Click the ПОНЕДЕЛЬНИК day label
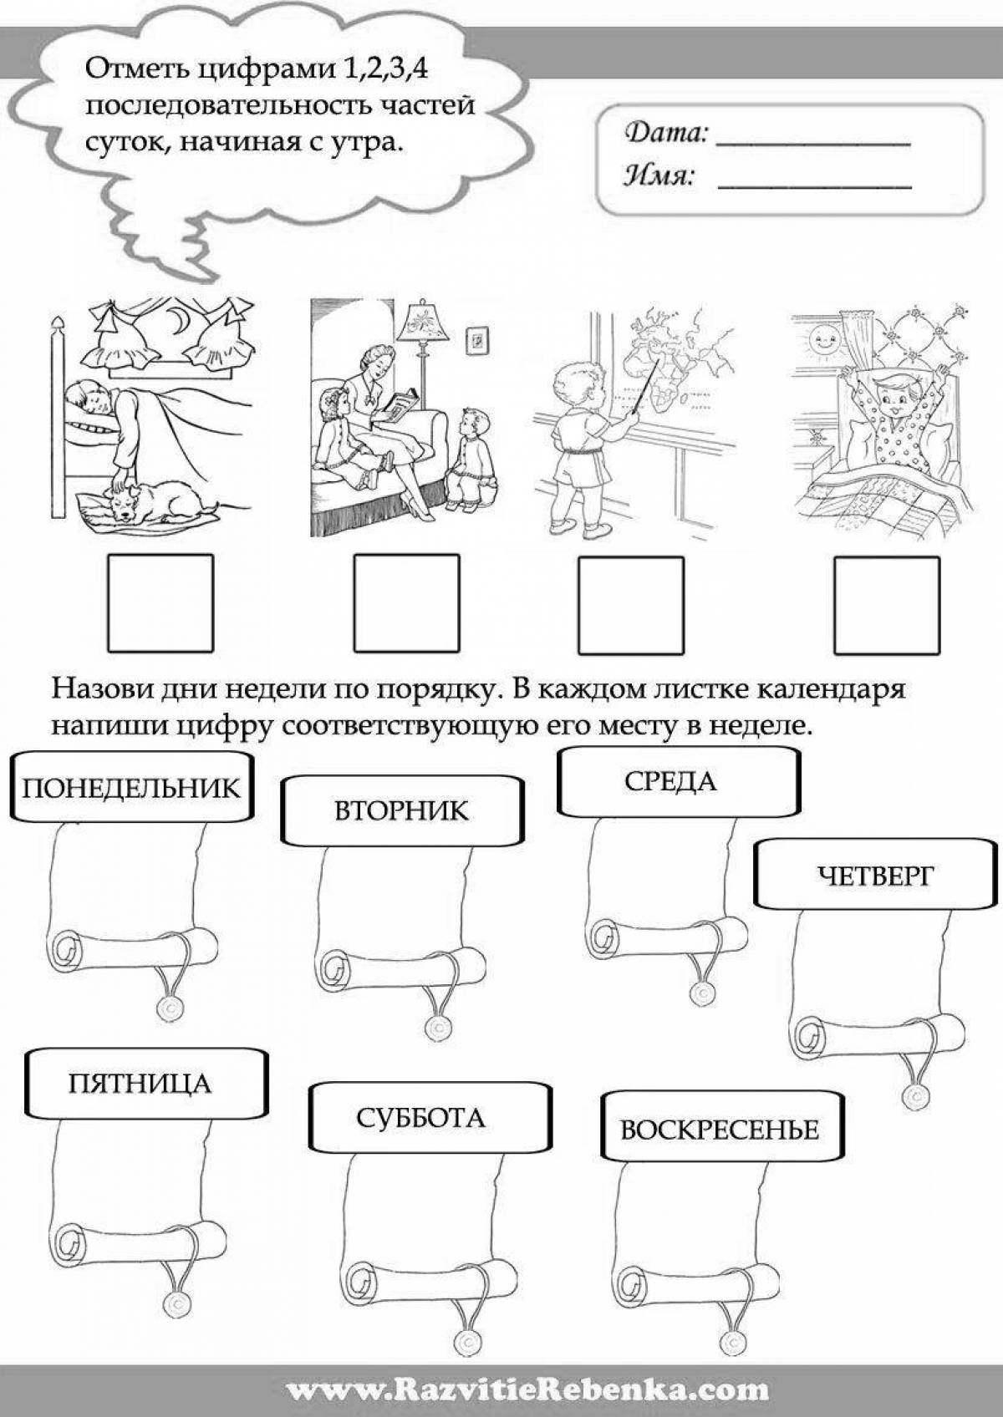tap(130, 787)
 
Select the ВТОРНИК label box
tap(402, 810)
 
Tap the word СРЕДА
tap(670, 781)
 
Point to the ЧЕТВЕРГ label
tap(874, 875)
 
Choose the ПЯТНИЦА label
tap(140, 1084)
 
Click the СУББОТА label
tap(420, 1117)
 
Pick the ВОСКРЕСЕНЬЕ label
tap(719, 1130)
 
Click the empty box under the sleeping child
tap(160, 603)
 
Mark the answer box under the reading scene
tap(406, 603)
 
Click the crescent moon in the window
tap(177, 318)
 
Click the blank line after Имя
tap(814, 183)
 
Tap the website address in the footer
tap(527, 1390)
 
